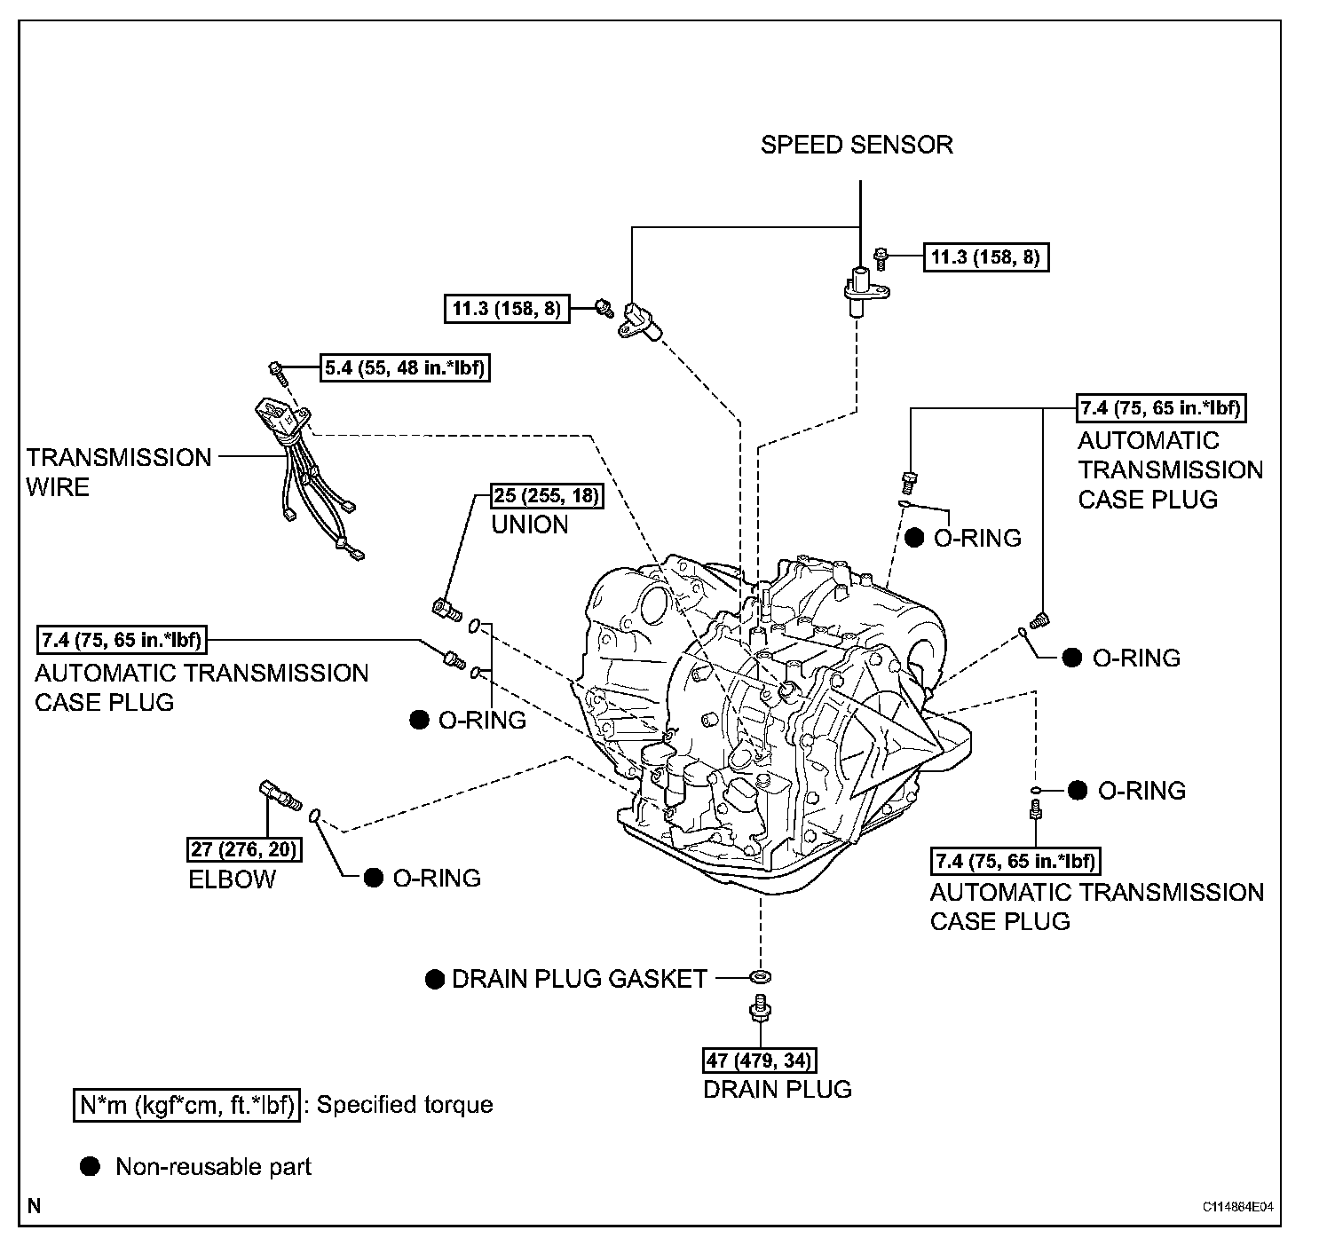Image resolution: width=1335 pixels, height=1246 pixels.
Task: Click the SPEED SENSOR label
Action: point(857,145)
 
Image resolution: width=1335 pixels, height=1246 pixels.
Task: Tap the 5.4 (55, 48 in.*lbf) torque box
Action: point(405,367)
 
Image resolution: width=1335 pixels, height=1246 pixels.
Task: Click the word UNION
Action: point(530,524)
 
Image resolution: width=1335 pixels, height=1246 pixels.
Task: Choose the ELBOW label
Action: point(233,879)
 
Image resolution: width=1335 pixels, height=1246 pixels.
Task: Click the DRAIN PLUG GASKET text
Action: point(580,979)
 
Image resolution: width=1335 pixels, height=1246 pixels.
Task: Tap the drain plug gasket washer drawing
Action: point(760,977)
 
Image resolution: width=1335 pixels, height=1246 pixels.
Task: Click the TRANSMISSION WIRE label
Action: point(119,472)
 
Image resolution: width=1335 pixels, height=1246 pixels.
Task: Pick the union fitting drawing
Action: point(446,608)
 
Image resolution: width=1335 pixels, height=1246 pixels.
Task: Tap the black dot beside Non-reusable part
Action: point(90,1166)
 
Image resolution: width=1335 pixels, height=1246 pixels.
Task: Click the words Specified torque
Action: point(405,1105)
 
